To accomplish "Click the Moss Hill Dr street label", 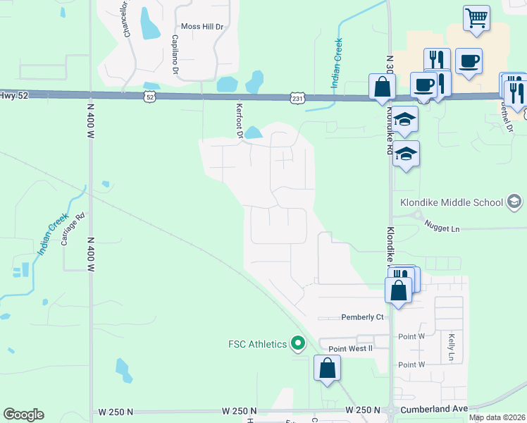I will (201, 26).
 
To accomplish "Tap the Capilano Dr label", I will (174, 54).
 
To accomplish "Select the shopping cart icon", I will (477, 18).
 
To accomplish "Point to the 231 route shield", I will (297, 99).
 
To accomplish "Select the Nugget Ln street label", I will (442, 229).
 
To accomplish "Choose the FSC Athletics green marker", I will (298, 344).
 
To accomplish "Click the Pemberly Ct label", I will (362, 317).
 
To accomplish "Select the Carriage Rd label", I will (73, 229).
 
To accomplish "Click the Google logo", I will (23, 415).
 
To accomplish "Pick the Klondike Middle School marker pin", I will (515, 202).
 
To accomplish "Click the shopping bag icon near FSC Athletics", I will (328, 368).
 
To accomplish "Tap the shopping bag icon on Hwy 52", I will (382, 87).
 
